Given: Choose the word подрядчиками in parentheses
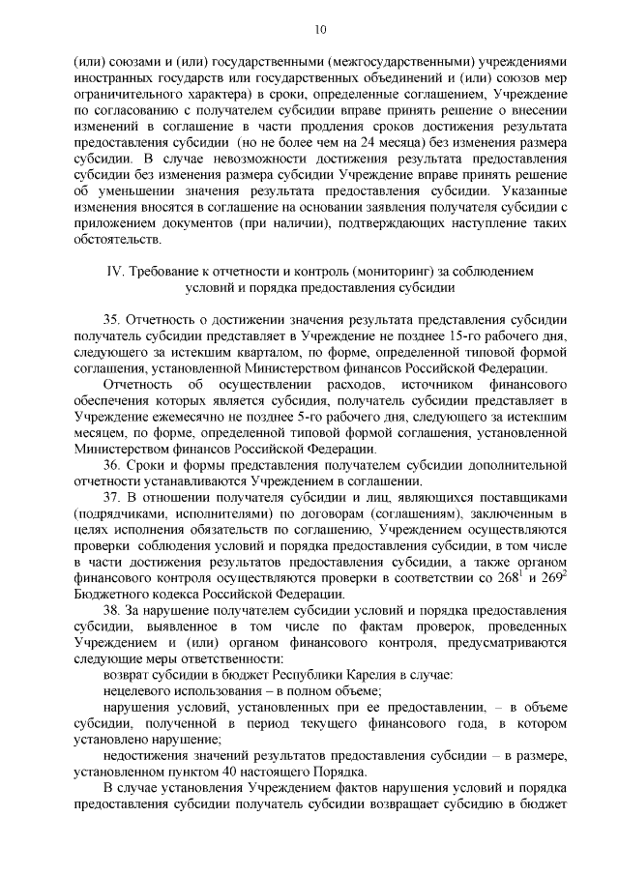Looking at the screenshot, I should (121, 512).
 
